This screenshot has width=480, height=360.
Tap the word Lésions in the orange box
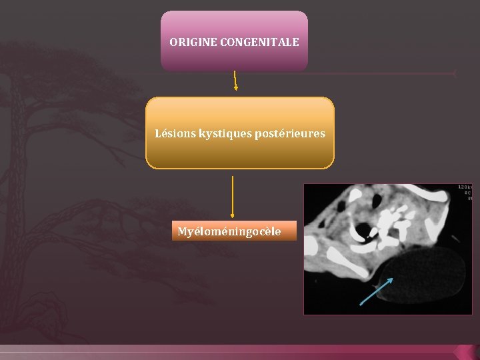[175, 133]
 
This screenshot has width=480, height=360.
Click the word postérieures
[289, 133]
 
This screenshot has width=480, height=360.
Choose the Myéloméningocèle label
[229, 232]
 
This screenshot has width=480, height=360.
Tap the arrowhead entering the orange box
[235, 87]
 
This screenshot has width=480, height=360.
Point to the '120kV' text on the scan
[465, 187]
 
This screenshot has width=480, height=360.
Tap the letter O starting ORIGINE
[173, 42]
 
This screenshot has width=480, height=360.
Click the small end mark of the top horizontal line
[454, 73]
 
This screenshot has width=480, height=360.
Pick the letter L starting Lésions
[158, 133]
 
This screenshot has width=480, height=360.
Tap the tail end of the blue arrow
[361, 304]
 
